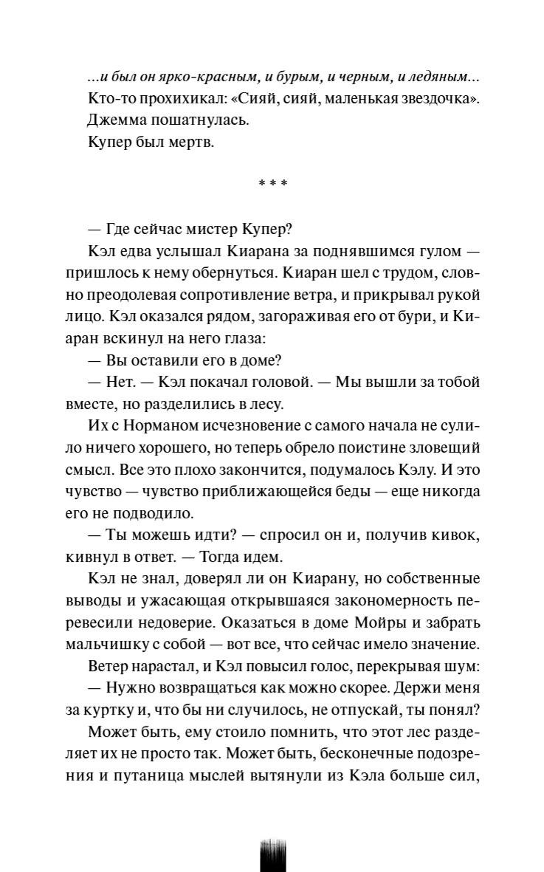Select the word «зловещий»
(446, 448)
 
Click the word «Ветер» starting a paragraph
(109, 667)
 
